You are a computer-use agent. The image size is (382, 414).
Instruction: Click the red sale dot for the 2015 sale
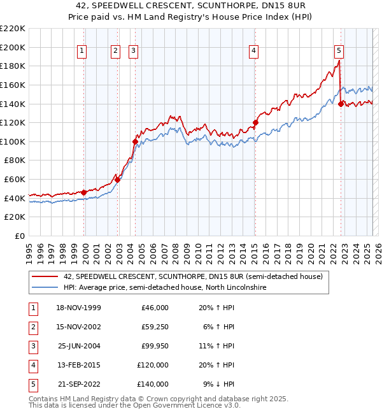255,122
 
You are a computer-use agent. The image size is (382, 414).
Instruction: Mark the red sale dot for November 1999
84,192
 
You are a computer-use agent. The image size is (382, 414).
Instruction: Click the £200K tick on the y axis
12,47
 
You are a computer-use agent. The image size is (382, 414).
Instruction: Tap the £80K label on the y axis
15,161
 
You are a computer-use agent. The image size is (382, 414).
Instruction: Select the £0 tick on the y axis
20,236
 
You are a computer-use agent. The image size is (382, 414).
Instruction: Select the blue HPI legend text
165,288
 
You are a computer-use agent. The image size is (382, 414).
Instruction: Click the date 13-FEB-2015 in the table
79,365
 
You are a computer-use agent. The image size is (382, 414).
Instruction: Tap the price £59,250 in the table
153,327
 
